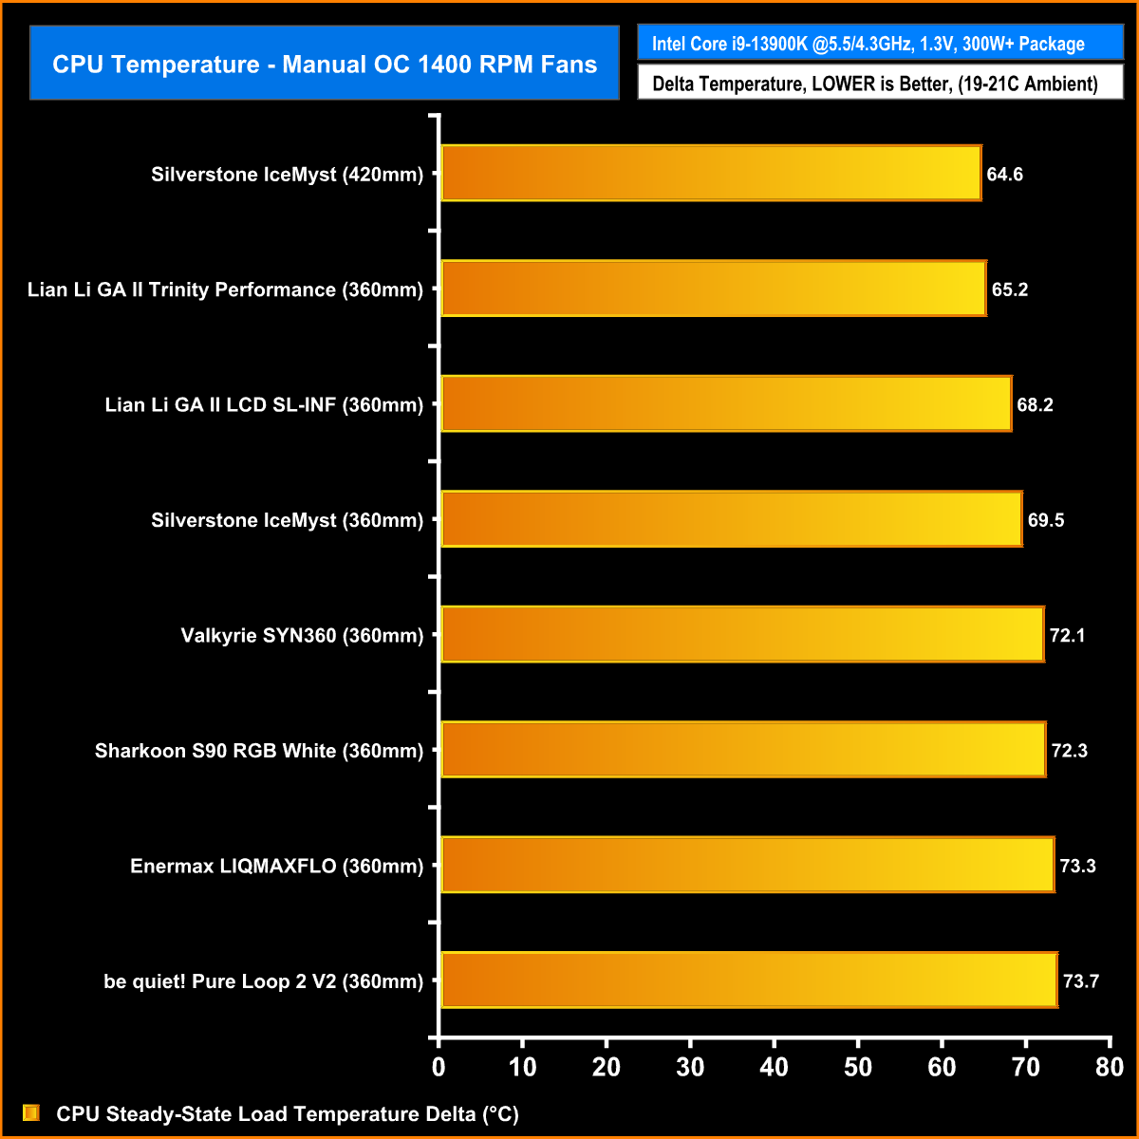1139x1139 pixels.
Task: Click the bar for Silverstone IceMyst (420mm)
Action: point(711,174)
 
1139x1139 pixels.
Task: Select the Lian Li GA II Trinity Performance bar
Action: point(714,289)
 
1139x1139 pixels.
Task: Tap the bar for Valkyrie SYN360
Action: point(742,634)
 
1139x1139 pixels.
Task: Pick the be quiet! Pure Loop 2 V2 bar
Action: point(749,980)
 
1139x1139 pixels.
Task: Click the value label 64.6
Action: point(1004,175)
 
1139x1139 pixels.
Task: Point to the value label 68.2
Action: point(1035,405)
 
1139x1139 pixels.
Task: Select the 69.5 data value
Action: point(1045,520)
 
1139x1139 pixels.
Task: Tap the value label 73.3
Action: point(1077,866)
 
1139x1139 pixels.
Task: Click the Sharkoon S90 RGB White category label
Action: point(259,751)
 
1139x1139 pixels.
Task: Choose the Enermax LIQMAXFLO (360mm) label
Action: point(276,866)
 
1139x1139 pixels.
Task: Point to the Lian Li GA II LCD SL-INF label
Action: point(264,405)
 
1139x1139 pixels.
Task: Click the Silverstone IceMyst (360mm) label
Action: point(287,520)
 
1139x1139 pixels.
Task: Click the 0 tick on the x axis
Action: point(438,1067)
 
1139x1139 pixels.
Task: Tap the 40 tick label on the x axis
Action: point(774,1067)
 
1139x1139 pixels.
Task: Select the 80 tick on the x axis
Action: point(1109,1067)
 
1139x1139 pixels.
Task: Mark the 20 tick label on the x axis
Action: point(606,1067)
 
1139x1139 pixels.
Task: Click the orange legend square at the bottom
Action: point(31,1112)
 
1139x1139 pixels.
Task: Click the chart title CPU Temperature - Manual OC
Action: point(325,64)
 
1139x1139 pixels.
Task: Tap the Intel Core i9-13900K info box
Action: point(880,44)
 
